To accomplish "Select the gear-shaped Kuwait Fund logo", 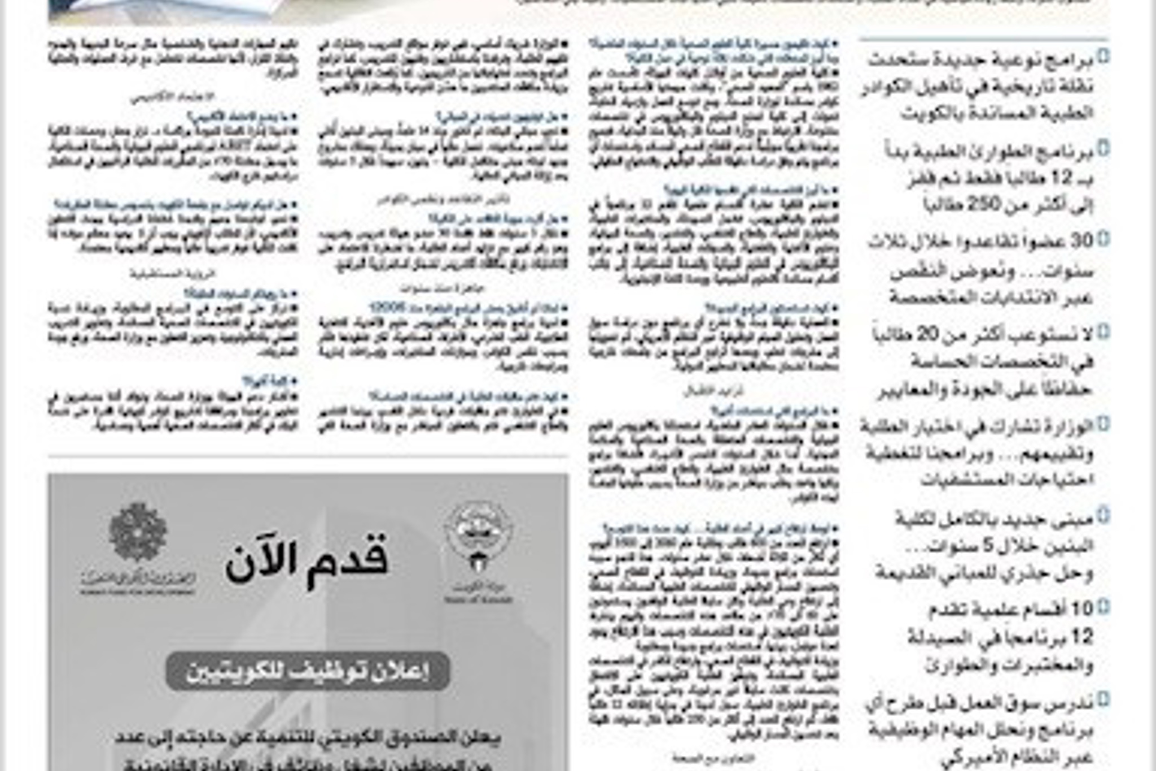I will pyautogui.click(x=138, y=532).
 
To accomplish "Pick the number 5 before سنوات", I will pyautogui.click(x=988, y=546).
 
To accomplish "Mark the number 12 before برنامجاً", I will pyautogui.click(x=1083, y=637).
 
